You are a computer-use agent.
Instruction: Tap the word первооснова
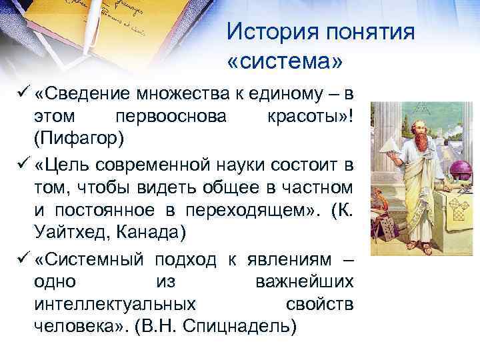tap(171, 117)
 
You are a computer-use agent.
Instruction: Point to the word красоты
tap(306, 117)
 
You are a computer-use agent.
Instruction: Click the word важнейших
tap(305, 281)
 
